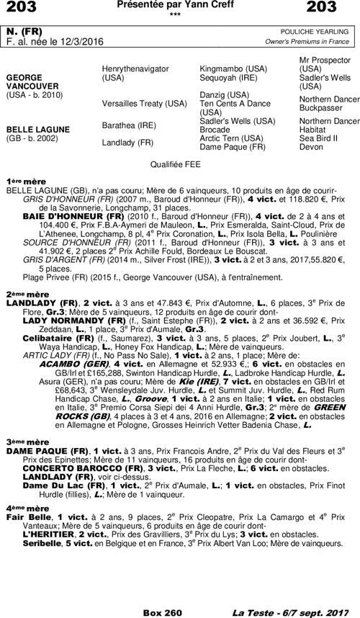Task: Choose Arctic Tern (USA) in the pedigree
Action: pyautogui.click(x=230, y=138)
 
